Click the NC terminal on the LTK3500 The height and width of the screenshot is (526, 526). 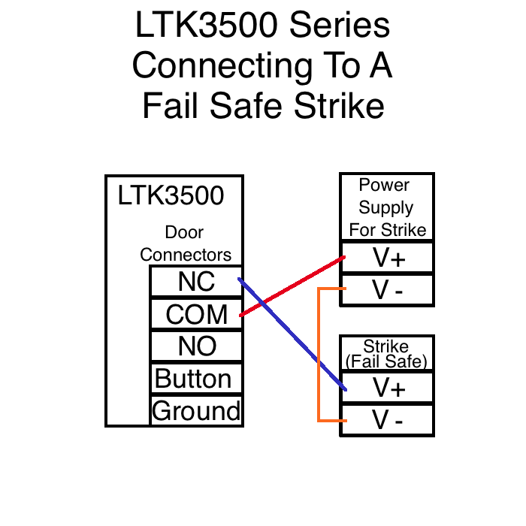click(x=196, y=282)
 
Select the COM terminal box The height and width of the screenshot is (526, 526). click(x=196, y=314)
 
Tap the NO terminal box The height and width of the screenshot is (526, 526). click(x=196, y=346)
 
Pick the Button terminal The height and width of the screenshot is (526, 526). click(x=196, y=379)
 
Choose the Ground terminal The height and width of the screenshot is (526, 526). click(x=196, y=411)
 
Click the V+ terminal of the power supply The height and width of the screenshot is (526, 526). click(x=388, y=258)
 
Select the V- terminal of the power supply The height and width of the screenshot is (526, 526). click(x=388, y=290)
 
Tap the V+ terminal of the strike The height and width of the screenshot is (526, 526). click(x=388, y=388)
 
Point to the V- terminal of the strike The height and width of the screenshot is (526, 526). click(x=388, y=420)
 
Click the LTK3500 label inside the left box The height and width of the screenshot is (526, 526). click(x=171, y=195)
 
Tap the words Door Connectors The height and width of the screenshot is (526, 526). click(x=185, y=243)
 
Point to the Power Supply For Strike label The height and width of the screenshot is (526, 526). click(x=387, y=207)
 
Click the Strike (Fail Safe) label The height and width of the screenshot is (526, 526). click(x=387, y=353)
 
